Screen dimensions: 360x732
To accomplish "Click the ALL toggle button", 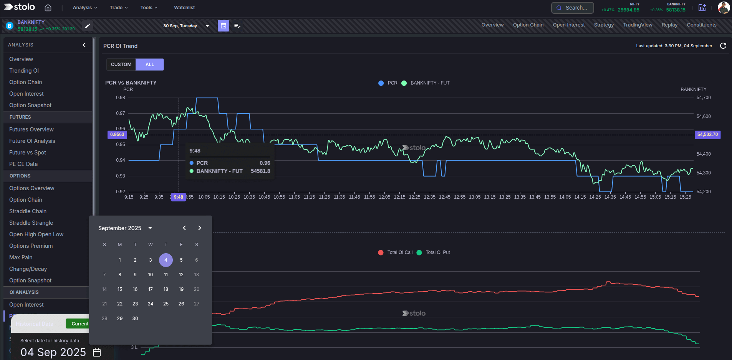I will pos(150,65).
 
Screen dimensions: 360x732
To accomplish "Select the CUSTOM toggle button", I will pos(121,65).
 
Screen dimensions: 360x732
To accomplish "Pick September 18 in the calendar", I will pos(166,289).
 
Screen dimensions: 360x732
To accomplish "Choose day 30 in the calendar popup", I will pos(135,319).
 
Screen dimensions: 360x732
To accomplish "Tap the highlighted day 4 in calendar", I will pos(166,260).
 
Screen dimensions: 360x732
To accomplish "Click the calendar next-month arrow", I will pos(200,228).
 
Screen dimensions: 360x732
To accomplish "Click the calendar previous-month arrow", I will pos(184,228).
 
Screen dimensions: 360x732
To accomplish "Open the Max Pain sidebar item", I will pos(21,257).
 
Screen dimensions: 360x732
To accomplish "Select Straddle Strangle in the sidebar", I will pos(31,223).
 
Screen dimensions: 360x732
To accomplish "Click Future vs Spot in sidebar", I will pos(28,153).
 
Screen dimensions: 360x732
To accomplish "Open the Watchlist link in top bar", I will pos(184,8).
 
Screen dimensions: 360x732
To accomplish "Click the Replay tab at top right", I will pos(669,25).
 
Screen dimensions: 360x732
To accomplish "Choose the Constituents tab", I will pos(701,25).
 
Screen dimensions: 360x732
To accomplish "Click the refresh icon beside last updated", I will pos(723,46).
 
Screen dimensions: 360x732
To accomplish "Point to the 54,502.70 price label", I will pos(707,134).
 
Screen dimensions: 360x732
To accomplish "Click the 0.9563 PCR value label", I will pos(117,134).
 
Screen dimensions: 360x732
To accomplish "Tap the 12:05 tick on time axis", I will pos(384,197).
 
